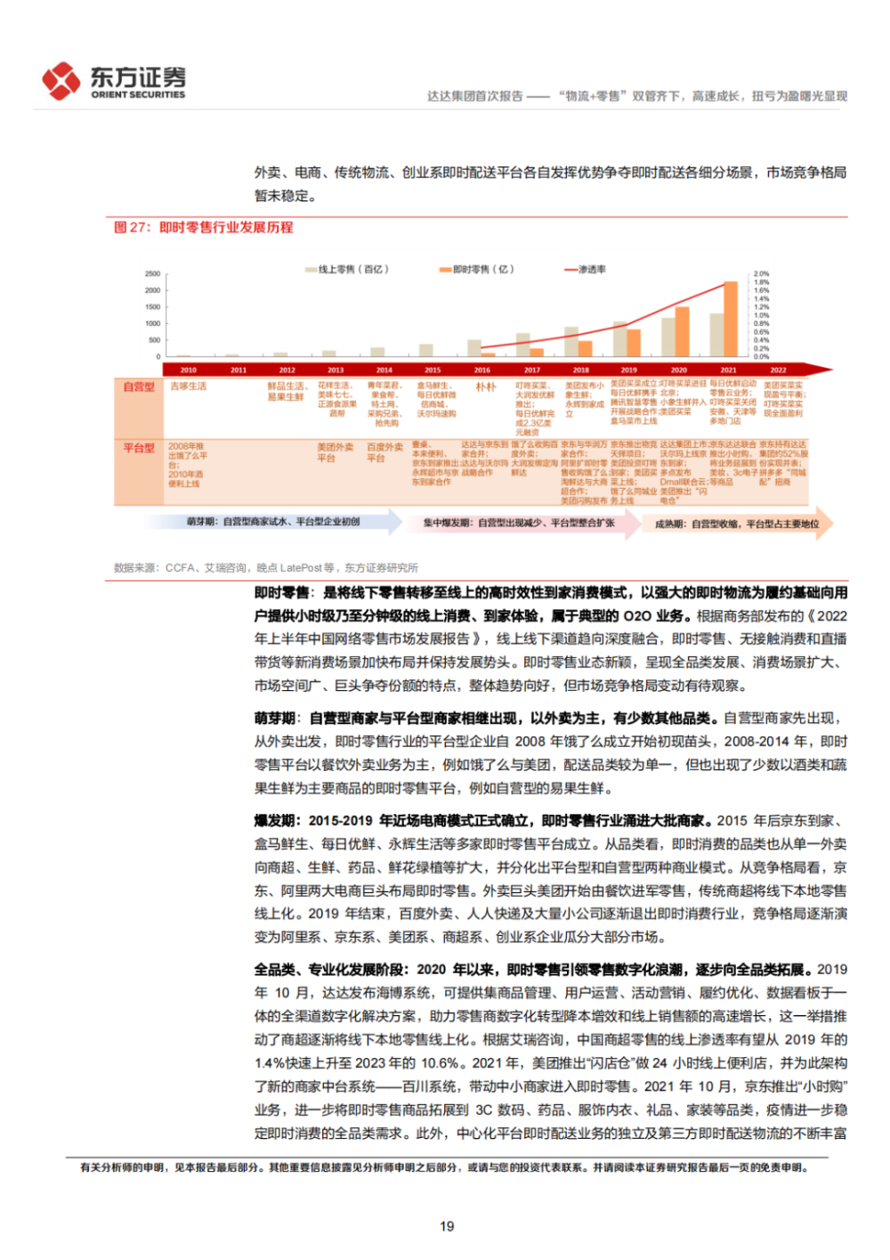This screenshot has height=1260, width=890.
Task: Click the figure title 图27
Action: pos(203,227)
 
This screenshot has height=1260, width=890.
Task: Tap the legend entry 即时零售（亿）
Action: pos(477,269)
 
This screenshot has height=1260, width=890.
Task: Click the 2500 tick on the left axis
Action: pos(153,273)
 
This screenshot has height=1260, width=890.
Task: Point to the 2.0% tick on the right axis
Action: pos(762,273)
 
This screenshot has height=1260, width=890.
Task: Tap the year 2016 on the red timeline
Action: pos(481,370)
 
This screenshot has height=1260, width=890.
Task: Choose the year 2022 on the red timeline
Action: pos(778,370)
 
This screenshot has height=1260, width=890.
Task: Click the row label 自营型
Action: pos(139,386)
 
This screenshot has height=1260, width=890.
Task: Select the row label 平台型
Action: pos(139,448)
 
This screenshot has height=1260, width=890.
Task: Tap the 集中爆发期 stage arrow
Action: pos(519,523)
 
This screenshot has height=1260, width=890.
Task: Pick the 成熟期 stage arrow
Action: pos(737,524)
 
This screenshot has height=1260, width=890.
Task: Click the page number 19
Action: pos(447,1226)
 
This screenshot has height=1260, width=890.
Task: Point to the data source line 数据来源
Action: pos(265,567)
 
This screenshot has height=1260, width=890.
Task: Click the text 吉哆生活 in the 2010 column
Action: pos(188,386)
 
